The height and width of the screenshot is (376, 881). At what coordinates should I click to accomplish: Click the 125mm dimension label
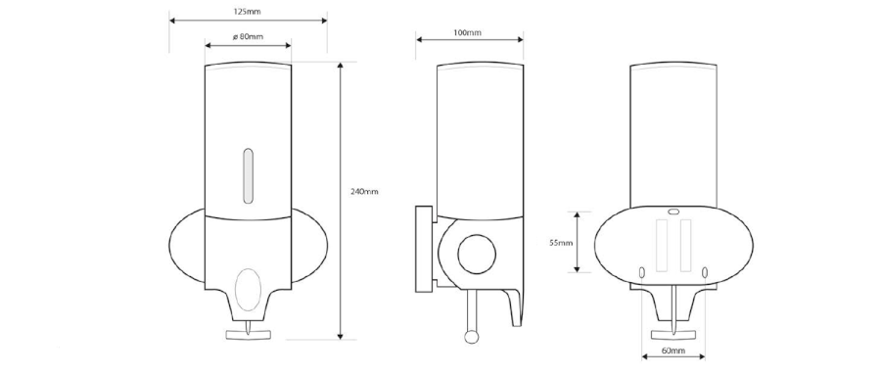(x=248, y=11)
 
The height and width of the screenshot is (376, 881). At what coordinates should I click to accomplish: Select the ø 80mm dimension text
(x=248, y=37)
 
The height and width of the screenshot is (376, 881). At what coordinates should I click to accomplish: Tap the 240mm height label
(x=364, y=192)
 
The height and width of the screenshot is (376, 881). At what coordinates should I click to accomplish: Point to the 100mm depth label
(x=468, y=33)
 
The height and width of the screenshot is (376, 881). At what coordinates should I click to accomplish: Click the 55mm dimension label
(x=561, y=243)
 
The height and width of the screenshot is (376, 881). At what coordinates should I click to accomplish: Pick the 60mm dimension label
(x=673, y=352)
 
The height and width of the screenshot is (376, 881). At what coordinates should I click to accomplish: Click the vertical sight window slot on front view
(x=248, y=175)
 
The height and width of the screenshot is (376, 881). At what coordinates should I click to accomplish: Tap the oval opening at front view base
(x=248, y=290)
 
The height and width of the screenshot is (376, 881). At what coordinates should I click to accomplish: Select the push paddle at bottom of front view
(x=248, y=334)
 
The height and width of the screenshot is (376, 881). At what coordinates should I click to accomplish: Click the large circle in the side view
(x=477, y=255)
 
